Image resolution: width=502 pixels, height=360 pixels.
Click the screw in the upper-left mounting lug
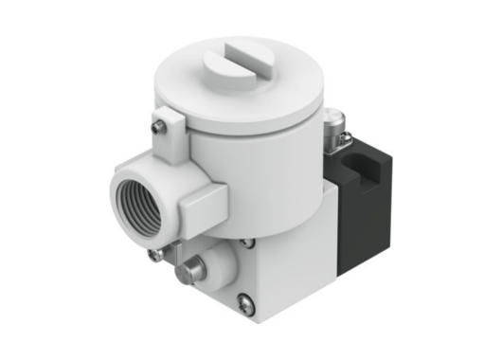point(158,122)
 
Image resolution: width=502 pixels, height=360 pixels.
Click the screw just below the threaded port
point(153,254)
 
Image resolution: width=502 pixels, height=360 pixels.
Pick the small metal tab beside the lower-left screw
point(173,248)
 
